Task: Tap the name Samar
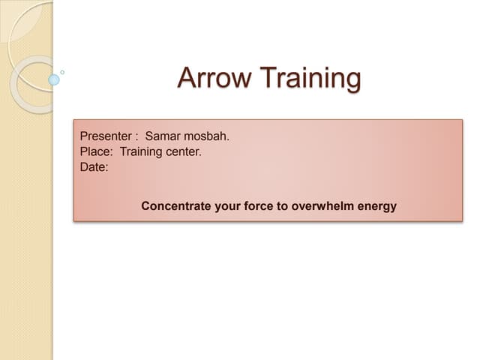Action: (163, 136)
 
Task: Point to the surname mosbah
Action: (205, 136)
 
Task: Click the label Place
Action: (95, 152)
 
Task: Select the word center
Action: (186, 152)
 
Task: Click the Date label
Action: (94, 167)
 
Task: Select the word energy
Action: (377, 205)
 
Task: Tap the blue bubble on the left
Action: (54, 79)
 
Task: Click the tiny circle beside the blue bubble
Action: (62, 72)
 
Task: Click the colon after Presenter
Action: (136, 137)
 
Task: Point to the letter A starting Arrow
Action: (186, 77)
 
